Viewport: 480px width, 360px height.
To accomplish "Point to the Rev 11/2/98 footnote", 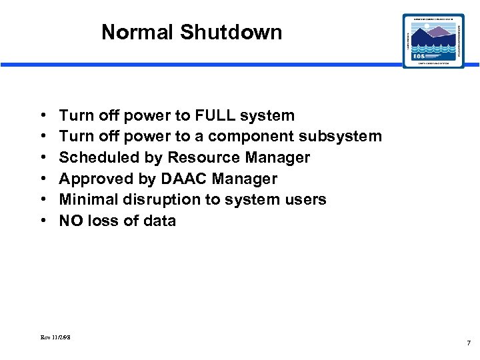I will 56,338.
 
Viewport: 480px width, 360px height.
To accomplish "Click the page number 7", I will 468,343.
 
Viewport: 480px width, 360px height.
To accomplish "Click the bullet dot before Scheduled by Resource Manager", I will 43,158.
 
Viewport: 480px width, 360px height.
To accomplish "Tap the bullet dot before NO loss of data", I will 43,221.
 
